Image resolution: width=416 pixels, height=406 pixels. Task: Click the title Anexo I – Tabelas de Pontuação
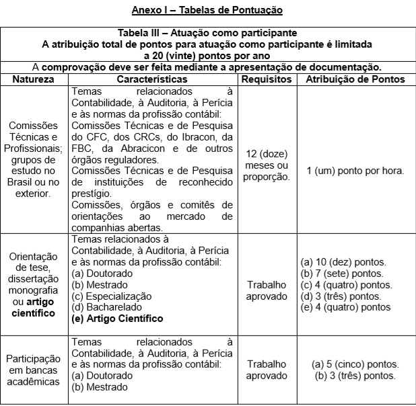pos(207,9)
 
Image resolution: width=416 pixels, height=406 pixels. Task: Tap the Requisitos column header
pos(267,79)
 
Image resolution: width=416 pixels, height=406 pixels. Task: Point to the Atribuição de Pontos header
pos(355,79)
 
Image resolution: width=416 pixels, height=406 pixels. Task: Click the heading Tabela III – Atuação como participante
pos(207,33)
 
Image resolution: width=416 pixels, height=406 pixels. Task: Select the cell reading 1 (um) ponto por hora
pos(355,171)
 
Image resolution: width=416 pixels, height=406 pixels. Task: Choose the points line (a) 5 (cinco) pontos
pos(355,364)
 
